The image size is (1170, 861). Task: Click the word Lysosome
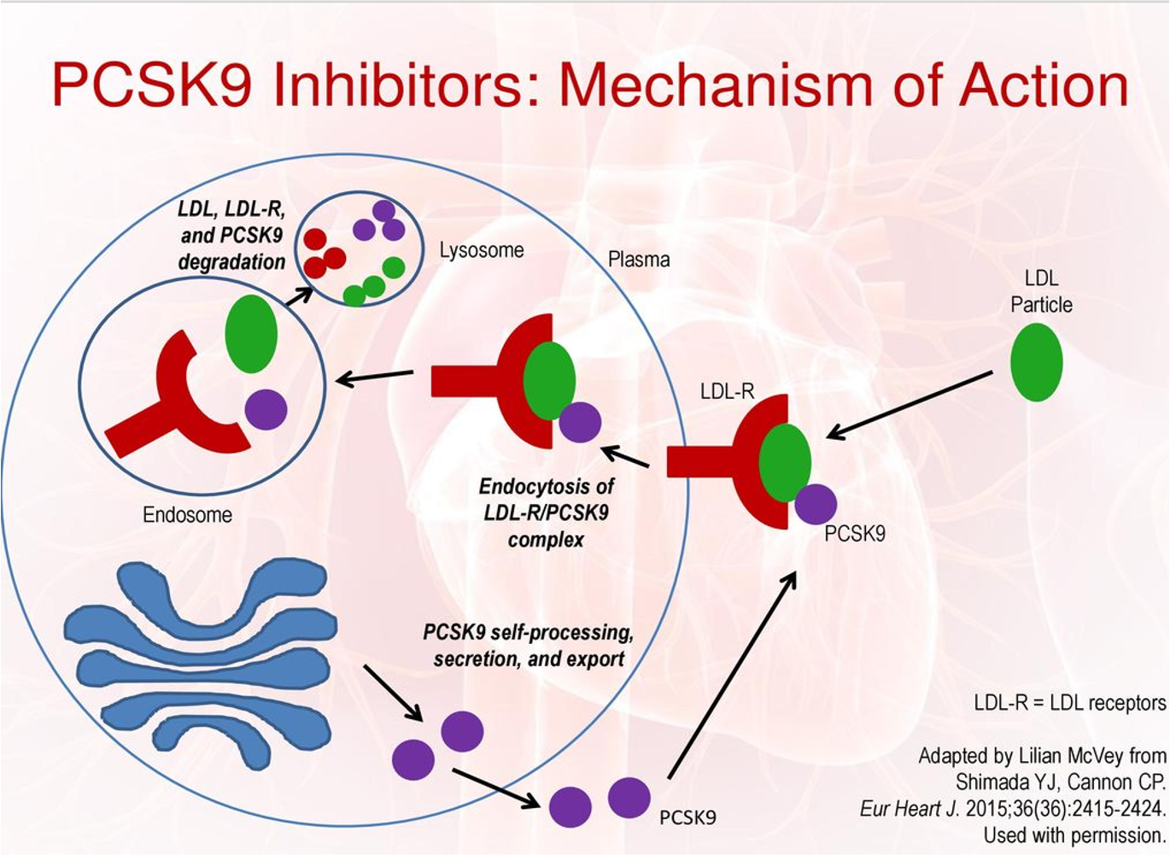pyautogui.click(x=482, y=250)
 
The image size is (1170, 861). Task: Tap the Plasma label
pyautogui.click(x=639, y=259)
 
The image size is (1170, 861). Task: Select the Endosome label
pyautogui.click(x=187, y=514)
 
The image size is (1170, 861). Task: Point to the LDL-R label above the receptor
pyautogui.click(x=727, y=392)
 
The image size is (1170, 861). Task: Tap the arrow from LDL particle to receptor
pyautogui.click(x=910, y=405)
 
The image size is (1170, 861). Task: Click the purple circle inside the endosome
pyautogui.click(x=266, y=409)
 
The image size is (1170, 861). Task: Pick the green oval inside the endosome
pyautogui.click(x=251, y=333)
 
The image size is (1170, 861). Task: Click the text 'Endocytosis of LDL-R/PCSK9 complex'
pyautogui.click(x=546, y=513)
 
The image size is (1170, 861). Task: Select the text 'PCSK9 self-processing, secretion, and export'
pyautogui.click(x=529, y=646)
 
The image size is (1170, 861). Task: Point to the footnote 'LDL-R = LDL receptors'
pyautogui.click(x=1069, y=703)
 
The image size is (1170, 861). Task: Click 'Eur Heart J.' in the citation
pyautogui.click(x=910, y=808)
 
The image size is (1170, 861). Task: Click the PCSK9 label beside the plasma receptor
pyautogui.click(x=855, y=534)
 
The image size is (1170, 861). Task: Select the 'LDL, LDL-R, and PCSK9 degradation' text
pyautogui.click(x=231, y=235)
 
